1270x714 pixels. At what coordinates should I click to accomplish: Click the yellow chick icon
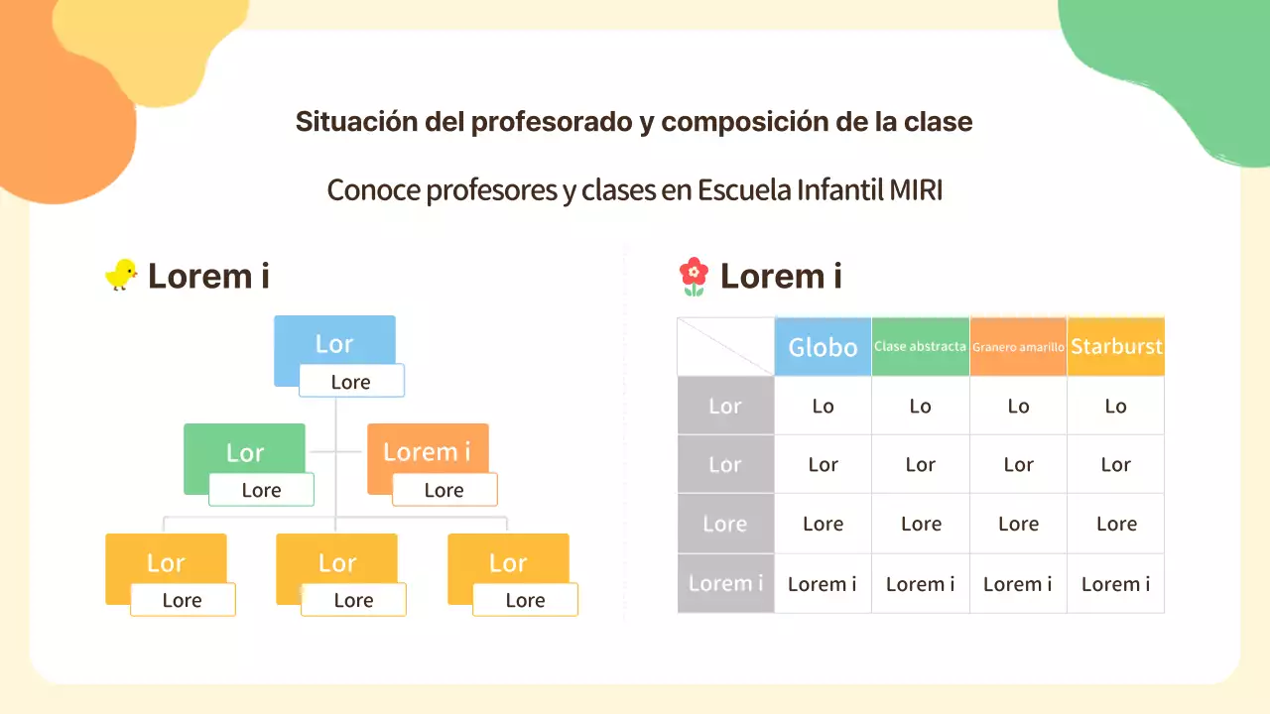[121, 275]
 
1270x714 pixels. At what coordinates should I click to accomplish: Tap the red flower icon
[694, 277]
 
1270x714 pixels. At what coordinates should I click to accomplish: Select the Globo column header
[823, 347]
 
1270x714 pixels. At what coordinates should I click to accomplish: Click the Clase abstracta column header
[920, 347]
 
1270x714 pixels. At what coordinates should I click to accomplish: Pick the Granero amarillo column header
[1018, 347]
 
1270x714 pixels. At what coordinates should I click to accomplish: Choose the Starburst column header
[1116, 347]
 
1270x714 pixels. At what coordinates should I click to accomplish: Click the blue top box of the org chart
[334, 342]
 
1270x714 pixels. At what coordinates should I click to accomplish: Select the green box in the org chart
[244, 451]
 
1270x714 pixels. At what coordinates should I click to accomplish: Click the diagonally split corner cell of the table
[725, 347]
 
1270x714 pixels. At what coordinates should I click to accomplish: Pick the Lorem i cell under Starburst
[1116, 584]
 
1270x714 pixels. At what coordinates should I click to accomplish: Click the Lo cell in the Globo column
[823, 406]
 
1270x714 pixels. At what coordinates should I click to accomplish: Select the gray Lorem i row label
[725, 583]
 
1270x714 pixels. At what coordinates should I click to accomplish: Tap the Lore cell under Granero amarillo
[1018, 524]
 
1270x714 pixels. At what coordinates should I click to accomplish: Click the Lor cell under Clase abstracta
[920, 465]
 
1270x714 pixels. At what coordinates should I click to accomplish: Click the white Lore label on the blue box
[351, 382]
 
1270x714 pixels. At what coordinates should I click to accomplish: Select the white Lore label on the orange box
[444, 490]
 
